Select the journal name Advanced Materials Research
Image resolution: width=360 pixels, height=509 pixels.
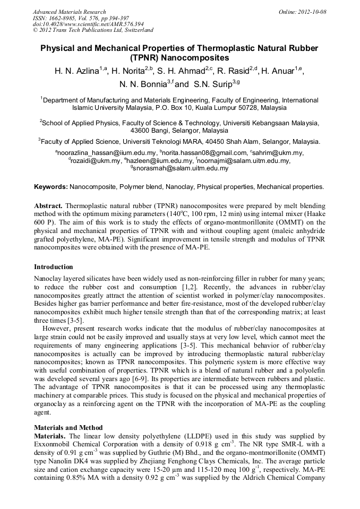click(x=69, y=12)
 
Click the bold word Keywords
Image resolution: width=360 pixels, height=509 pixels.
click(x=51, y=187)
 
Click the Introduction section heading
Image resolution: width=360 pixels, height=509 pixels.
click(x=54, y=266)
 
